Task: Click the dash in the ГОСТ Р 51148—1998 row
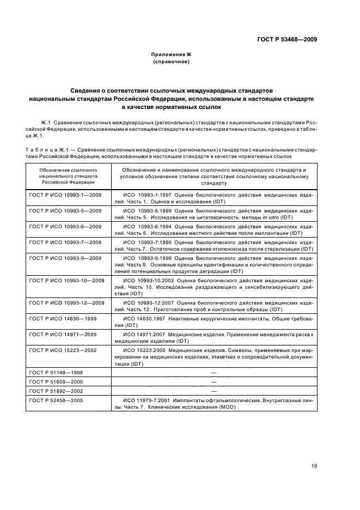click(213, 373)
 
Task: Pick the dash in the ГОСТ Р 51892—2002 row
click(213, 391)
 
